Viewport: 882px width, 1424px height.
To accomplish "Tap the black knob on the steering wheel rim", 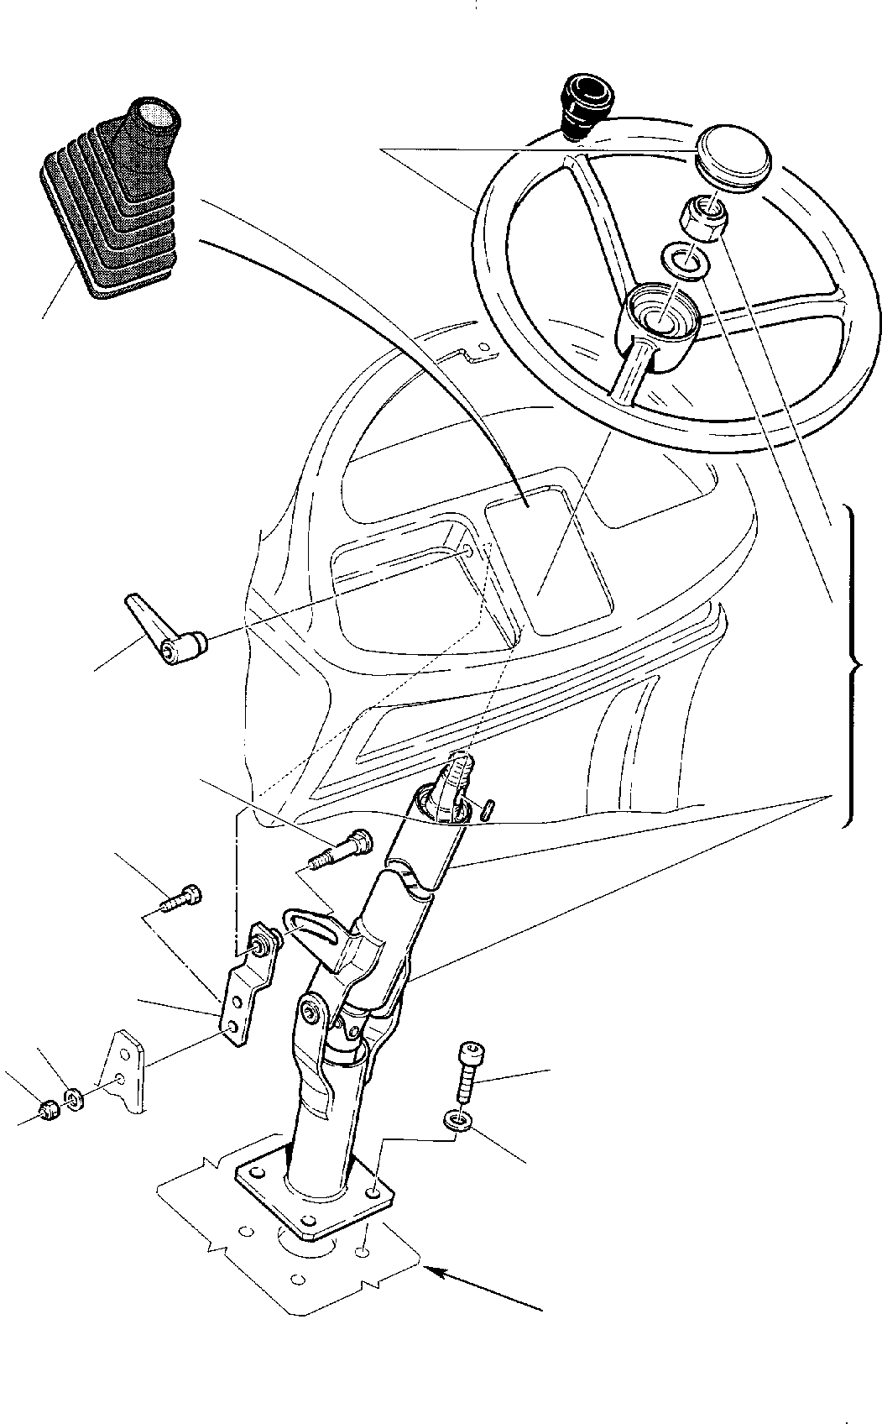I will pos(586,108).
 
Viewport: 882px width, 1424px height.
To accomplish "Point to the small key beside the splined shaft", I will pos(490,808).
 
